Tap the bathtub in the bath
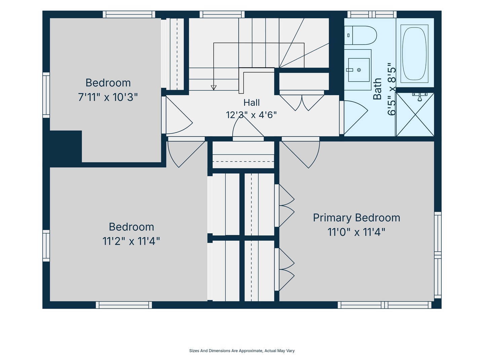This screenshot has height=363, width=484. (414, 53)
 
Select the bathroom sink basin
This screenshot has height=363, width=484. (359, 70)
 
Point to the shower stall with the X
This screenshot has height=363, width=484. (415, 114)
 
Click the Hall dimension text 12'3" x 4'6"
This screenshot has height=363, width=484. (251, 115)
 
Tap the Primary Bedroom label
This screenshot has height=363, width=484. (357, 218)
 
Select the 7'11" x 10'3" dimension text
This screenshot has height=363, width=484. (108, 97)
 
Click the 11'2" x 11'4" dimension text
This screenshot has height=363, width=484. (131, 241)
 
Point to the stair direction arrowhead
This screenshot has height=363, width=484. (213, 87)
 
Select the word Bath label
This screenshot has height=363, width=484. (377, 89)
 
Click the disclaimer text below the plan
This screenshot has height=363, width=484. (242, 351)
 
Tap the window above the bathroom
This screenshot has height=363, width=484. (372, 14)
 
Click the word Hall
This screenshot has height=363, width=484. (251, 103)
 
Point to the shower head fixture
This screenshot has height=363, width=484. (420, 97)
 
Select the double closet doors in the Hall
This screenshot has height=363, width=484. (302, 103)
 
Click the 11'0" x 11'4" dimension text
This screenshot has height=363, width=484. (356, 232)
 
